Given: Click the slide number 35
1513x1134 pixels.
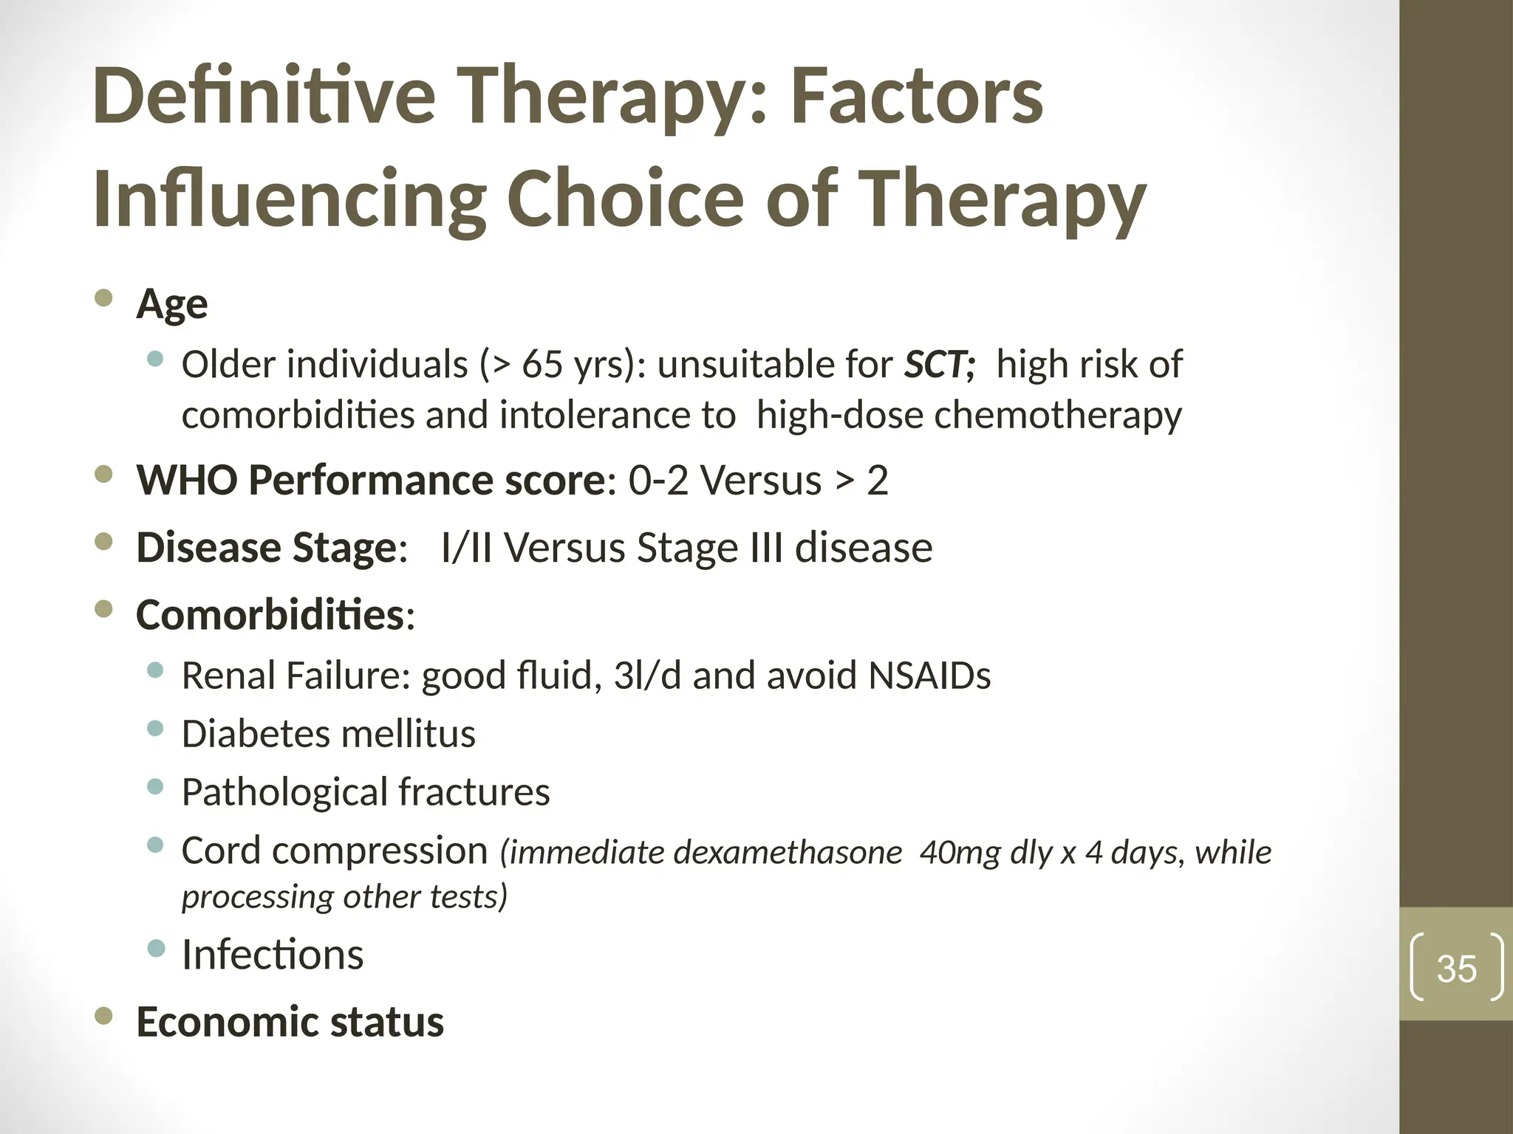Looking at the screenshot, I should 1456,969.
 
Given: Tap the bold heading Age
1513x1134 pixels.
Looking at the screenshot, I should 171,304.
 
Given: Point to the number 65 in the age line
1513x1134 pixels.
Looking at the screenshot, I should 542,365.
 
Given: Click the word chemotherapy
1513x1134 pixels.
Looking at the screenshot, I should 1058,416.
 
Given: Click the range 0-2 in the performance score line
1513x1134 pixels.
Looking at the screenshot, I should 658,481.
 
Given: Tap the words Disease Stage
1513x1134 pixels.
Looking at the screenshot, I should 266,548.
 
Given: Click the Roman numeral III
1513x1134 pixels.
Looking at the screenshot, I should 766,548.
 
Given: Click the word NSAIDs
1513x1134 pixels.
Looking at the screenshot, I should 929,676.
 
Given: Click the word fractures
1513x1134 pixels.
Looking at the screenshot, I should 474,792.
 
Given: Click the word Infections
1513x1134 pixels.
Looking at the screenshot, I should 273,955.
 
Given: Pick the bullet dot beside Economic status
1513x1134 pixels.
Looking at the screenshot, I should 104,1017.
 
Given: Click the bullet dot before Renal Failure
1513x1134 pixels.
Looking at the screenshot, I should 155,670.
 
